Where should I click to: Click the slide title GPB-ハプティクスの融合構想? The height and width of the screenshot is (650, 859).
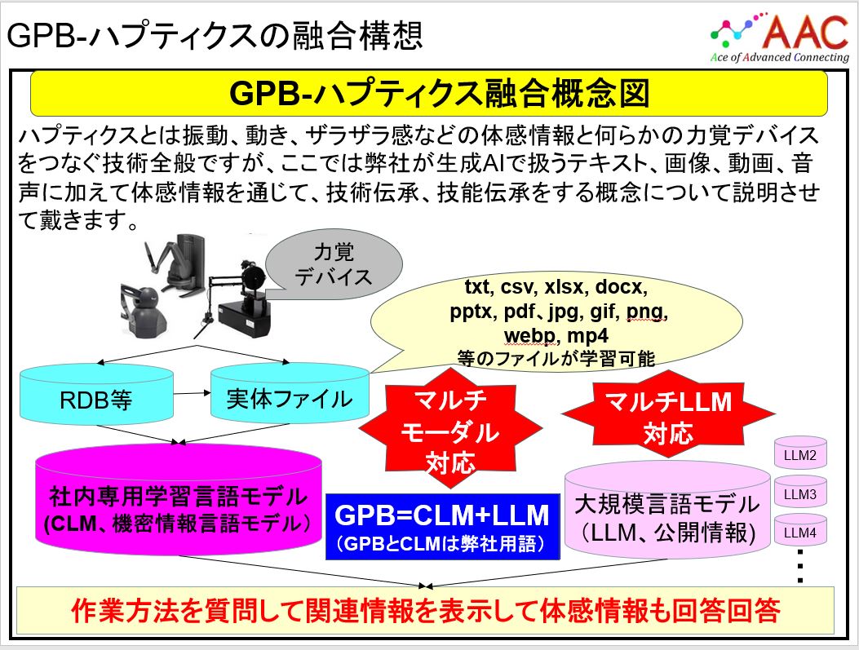[x=215, y=35]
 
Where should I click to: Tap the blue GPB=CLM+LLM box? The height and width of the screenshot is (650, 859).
[x=442, y=526]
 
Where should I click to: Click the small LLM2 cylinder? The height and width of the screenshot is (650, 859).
[x=799, y=456]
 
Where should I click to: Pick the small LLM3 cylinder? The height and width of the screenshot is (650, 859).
[x=799, y=494]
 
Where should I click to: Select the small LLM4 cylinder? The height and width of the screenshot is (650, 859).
[x=799, y=533]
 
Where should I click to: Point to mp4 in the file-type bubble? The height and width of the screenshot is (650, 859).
[x=586, y=336]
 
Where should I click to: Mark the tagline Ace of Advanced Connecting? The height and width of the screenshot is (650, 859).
[x=779, y=58]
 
